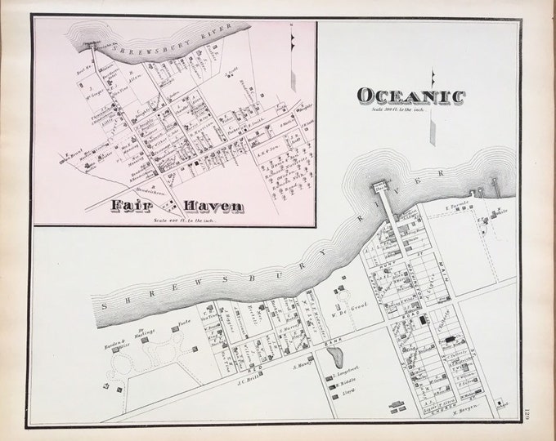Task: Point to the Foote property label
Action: click(x=184, y=324)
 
